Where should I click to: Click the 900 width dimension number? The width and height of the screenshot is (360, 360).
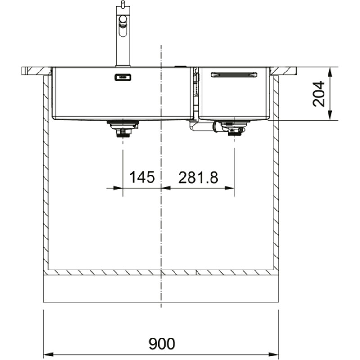(x=162, y=343)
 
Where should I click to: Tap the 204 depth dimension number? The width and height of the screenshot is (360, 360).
(x=319, y=94)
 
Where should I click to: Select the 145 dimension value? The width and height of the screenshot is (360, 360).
(x=142, y=177)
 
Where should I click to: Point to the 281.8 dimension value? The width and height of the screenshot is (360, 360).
(x=198, y=178)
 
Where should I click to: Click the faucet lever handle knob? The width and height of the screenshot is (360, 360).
(x=123, y=19)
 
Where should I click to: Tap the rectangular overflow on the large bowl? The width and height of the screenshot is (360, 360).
(x=123, y=77)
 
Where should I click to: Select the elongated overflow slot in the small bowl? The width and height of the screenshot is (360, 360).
(x=234, y=75)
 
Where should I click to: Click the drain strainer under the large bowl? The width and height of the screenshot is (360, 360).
(x=123, y=129)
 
